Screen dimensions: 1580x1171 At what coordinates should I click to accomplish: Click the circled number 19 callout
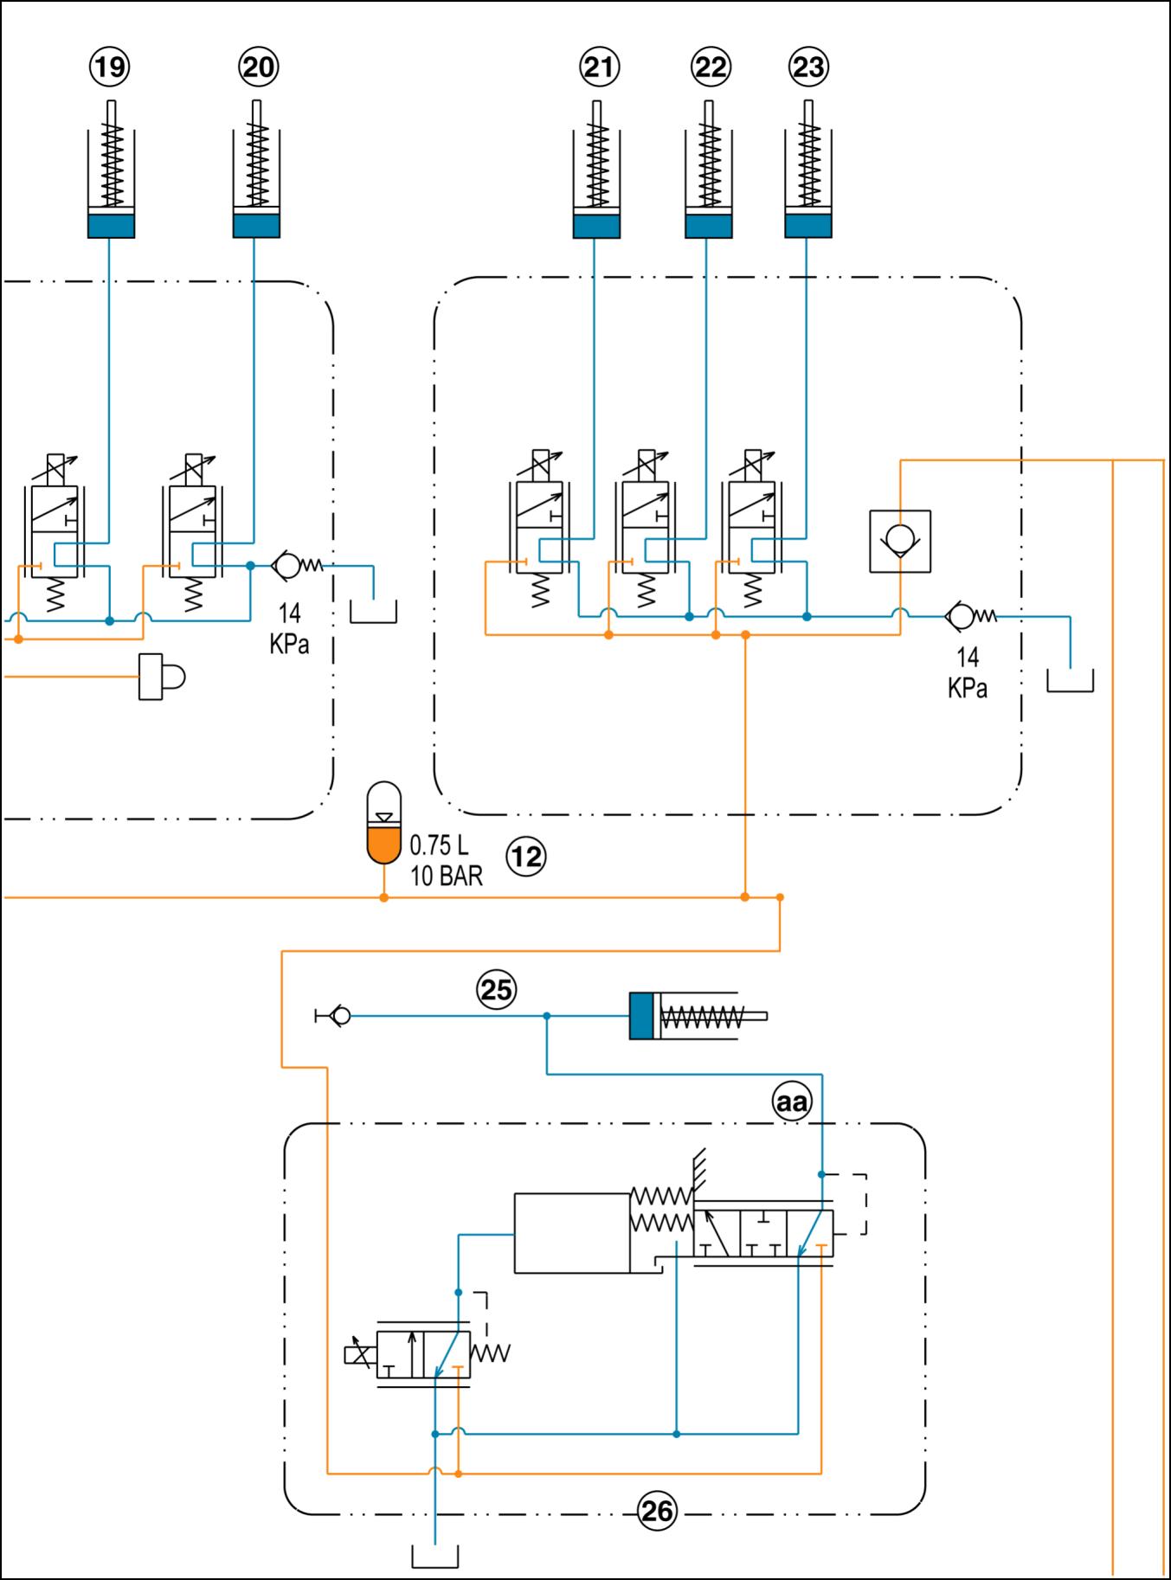(110, 67)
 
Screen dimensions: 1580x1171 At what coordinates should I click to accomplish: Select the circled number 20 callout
(257, 67)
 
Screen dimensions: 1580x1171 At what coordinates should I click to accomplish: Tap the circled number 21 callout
(599, 67)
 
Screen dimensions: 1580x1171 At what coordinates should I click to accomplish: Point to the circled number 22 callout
(711, 67)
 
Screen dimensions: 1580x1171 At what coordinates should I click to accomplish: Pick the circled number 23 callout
(809, 67)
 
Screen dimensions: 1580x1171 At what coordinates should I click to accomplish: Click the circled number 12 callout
(526, 857)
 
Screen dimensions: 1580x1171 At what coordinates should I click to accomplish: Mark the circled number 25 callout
(496, 989)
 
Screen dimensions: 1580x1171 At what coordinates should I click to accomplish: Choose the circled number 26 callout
(656, 1511)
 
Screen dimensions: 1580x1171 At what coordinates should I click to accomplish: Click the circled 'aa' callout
(791, 1102)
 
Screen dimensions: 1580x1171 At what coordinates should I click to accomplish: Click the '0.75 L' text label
(439, 845)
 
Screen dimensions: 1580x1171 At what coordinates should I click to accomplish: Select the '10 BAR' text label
(446, 876)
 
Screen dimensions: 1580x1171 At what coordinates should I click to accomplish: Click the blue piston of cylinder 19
(112, 226)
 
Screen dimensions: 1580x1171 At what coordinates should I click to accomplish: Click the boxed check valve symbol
(900, 541)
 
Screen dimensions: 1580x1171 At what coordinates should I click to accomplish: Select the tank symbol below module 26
(434, 1556)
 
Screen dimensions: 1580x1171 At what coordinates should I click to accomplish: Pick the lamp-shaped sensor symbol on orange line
(162, 676)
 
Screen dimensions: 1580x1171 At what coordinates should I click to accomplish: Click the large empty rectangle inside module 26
(571, 1233)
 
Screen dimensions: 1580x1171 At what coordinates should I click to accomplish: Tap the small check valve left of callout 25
(338, 1016)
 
